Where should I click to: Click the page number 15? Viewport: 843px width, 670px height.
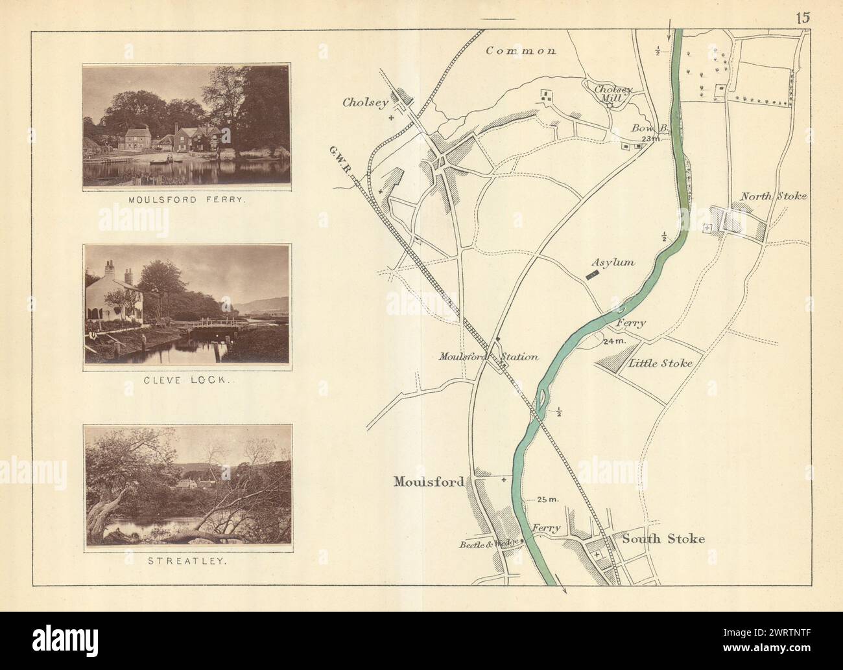coord(802,17)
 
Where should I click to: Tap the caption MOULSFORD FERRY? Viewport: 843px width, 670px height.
coord(185,201)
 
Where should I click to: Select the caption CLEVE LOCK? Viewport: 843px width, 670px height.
coord(185,382)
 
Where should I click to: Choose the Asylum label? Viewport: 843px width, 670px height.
coord(611,263)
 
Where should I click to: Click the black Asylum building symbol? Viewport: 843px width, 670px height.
coord(592,275)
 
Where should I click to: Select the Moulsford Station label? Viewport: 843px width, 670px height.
coord(488,356)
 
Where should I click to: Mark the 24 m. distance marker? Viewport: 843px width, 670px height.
coord(612,341)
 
